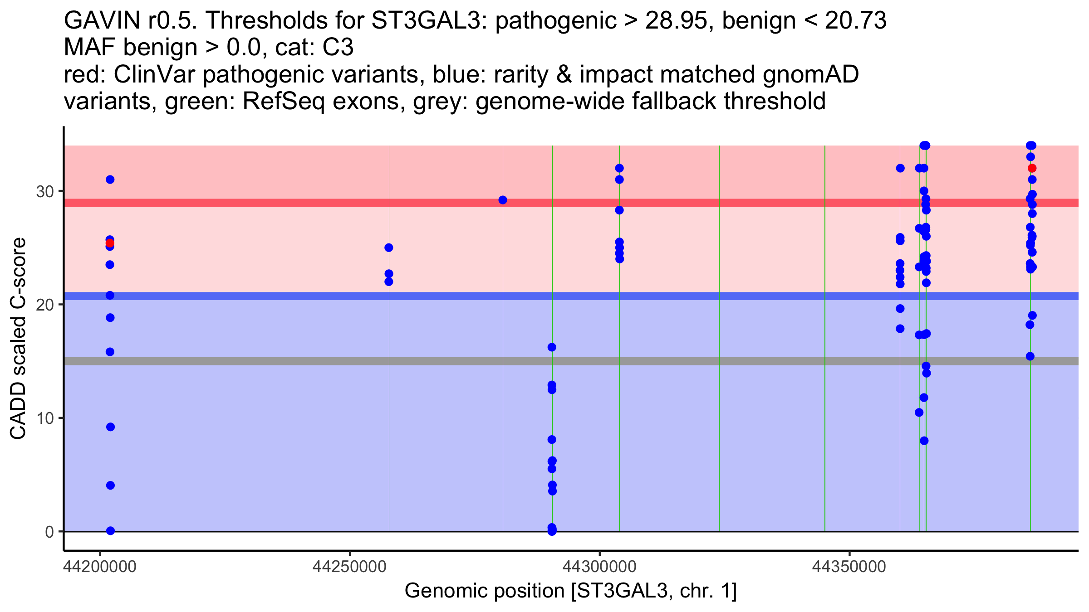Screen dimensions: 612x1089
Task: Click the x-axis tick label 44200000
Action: [100, 567]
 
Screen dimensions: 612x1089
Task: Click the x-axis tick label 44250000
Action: [349, 567]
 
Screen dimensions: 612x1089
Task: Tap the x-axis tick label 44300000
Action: [599, 567]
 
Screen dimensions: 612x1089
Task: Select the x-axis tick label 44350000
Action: [849, 567]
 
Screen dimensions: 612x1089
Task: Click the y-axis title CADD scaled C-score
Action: [18, 339]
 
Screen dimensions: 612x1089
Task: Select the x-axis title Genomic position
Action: [570, 591]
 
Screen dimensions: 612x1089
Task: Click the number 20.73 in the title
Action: [855, 21]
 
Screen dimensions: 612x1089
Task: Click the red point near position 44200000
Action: [110, 243]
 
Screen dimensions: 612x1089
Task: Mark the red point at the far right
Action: [1032, 168]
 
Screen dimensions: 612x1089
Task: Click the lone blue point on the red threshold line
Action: [503, 200]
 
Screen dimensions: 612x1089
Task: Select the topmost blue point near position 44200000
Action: [110, 180]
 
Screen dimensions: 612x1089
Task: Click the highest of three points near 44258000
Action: [389, 248]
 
